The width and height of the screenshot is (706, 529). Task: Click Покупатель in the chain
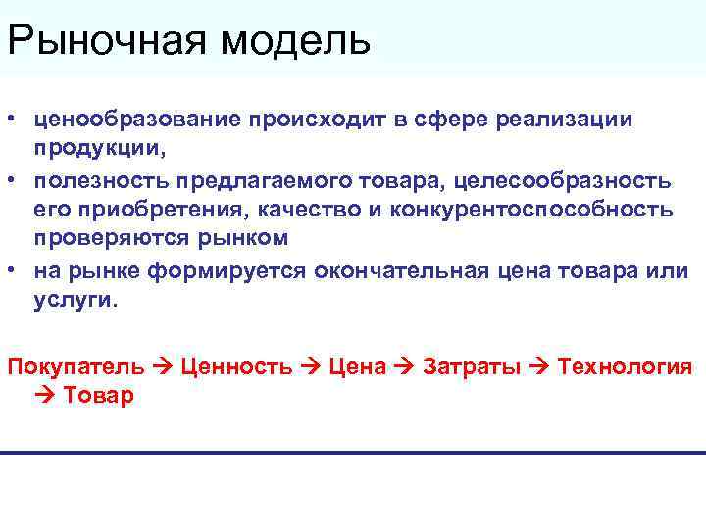point(76,366)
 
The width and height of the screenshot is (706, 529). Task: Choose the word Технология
point(625,366)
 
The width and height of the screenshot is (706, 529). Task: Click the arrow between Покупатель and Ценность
point(163,366)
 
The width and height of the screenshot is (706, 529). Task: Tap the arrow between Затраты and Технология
point(540,366)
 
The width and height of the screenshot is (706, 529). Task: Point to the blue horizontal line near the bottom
point(353,453)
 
